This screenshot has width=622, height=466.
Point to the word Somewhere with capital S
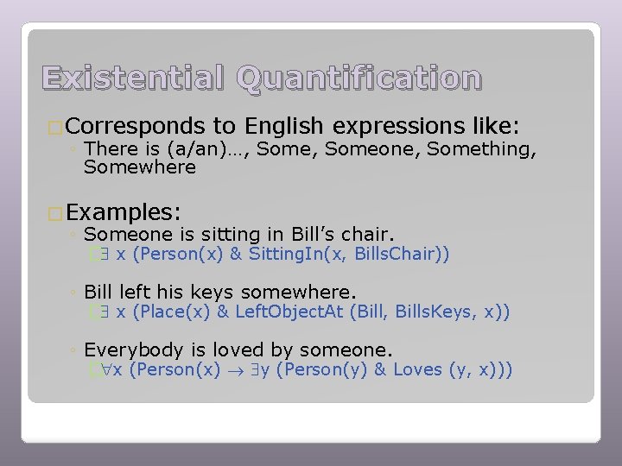pyautogui.click(x=140, y=167)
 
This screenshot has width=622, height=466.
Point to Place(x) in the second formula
pyautogui.click(x=181, y=312)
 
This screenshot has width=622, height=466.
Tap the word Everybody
pyautogui.click(x=134, y=349)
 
